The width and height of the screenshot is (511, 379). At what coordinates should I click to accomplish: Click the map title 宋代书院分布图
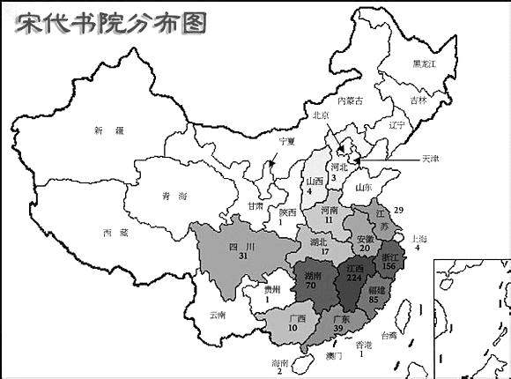(111, 22)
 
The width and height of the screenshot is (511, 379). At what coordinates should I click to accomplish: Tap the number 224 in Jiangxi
(356, 278)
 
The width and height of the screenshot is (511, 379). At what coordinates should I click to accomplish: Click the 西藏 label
(115, 233)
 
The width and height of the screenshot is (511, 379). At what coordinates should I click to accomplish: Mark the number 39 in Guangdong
(337, 330)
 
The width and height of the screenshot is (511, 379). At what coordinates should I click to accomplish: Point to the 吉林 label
(429, 100)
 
